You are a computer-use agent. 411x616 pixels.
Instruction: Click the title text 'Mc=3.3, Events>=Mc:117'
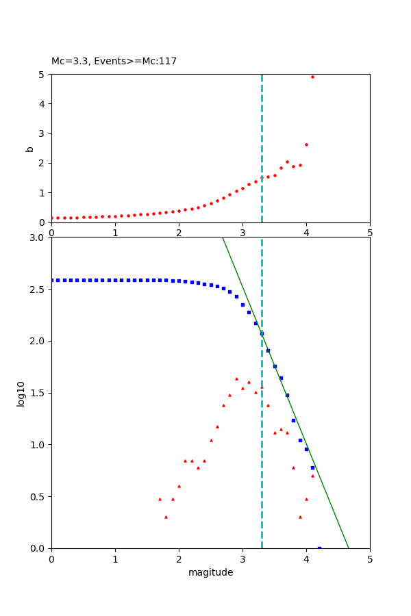point(114,62)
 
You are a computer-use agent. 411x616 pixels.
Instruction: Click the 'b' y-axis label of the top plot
point(29,149)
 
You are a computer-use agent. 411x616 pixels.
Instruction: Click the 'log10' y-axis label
point(21,394)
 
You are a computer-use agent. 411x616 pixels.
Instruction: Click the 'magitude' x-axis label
point(210,573)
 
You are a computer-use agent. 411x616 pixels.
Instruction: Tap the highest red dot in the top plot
point(312,77)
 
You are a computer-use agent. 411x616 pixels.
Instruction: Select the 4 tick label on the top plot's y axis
point(42,104)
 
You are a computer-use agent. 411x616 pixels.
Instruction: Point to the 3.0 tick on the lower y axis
point(39,238)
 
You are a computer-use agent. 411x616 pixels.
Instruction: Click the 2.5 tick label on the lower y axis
point(39,290)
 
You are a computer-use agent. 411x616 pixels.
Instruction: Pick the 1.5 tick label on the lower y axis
point(39,393)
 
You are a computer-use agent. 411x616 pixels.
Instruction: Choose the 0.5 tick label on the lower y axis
point(39,496)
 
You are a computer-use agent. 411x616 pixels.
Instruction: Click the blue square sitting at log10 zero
point(319,548)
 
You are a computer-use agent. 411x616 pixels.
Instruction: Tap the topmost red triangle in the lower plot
point(236,378)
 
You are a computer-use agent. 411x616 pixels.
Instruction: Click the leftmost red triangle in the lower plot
point(160,499)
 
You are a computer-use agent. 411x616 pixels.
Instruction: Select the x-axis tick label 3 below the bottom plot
point(242,559)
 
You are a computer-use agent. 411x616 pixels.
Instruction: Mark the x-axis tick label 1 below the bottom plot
point(115,559)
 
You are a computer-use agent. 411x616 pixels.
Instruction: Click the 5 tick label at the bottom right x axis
point(370,559)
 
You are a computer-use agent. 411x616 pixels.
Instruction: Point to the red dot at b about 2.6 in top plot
point(306,144)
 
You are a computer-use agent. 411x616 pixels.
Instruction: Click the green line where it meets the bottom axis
point(349,548)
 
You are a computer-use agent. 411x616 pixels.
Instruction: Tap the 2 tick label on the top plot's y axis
point(42,163)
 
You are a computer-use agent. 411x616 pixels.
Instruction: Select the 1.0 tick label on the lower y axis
point(39,445)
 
